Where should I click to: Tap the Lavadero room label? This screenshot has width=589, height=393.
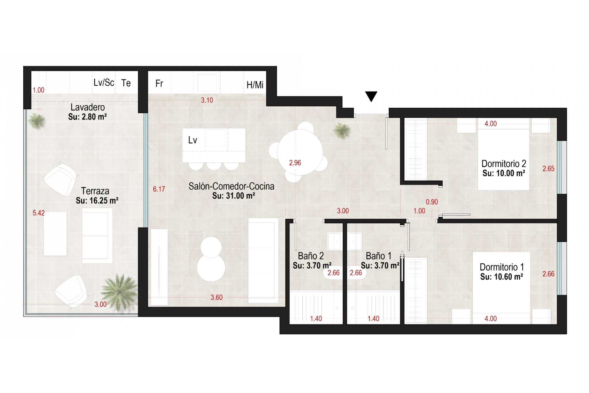(88, 107)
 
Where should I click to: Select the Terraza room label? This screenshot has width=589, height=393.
(95, 191)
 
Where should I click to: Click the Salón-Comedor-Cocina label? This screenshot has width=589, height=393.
(231, 186)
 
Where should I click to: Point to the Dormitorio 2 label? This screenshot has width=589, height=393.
(504, 164)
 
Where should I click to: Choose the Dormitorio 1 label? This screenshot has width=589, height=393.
(502, 267)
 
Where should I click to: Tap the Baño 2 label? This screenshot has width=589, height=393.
(311, 256)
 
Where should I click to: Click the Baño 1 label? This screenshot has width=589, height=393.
(379, 256)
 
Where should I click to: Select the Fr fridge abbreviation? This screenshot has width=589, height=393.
(159, 84)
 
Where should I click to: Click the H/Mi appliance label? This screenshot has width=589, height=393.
(255, 85)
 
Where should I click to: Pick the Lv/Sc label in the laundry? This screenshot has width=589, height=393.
(104, 83)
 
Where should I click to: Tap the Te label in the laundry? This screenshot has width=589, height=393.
(126, 83)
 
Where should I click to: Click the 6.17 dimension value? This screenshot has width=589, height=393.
(159, 189)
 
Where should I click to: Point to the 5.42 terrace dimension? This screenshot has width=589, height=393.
(39, 213)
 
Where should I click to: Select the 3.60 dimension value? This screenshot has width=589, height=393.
(217, 297)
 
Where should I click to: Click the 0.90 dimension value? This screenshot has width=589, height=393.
(432, 202)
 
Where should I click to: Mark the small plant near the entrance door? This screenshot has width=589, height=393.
(342, 130)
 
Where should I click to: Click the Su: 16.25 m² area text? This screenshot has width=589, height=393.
(97, 200)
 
